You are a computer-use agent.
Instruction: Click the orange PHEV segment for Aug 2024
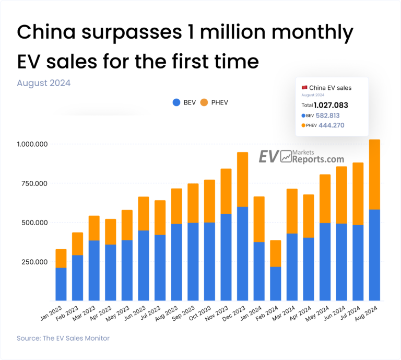[375, 175]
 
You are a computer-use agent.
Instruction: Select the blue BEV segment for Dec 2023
[242, 253]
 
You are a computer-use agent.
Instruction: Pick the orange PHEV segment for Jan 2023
[61, 258]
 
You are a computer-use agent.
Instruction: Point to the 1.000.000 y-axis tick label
[32, 144]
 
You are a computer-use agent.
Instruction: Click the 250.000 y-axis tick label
[32, 262]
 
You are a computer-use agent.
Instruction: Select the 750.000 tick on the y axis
[32, 183]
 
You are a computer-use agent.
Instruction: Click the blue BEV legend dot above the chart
[176, 102]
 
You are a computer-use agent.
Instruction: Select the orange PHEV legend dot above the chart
[204, 102]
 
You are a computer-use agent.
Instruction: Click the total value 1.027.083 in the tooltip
[331, 105]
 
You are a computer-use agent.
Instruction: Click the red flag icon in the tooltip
[304, 87]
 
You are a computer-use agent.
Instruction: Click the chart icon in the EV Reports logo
[285, 156]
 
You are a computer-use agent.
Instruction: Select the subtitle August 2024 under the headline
[43, 83]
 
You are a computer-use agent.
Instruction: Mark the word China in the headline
[44, 33]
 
